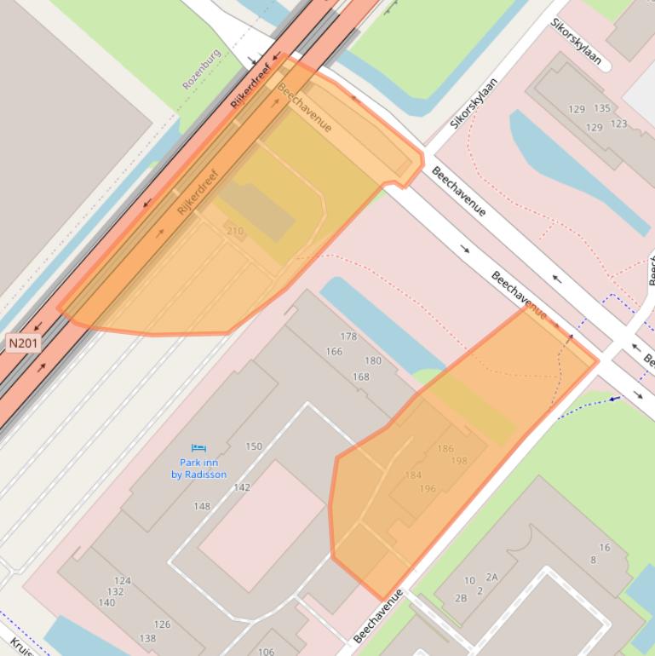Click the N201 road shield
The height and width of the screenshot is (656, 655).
pyautogui.click(x=23, y=342)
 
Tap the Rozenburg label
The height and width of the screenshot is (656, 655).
pyautogui.click(x=202, y=69)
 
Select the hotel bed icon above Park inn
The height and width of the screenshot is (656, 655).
pyautogui.click(x=199, y=447)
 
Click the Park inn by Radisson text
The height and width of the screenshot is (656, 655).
pyautogui.click(x=198, y=469)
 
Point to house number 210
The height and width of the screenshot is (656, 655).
pyautogui.click(x=234, y=231)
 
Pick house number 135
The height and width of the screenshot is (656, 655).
pyautogui.click(x=602, y=108)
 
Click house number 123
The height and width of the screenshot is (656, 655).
pyautogui.click(x=618, y=124)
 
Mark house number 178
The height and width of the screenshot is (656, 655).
pyautogui.click(x=348, y=337)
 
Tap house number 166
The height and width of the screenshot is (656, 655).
pyautogui.click(x=333, y=351)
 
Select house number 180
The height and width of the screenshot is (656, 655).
pyautogui.click(x=373, y=360)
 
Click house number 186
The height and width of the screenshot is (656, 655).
pyautogui.click(x=445, y=448)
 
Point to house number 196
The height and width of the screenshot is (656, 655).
pyautogui.click(x=428, y=488)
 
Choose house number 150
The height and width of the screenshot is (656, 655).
pyautogui.click(x=254, y=446)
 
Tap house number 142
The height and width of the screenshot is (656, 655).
pyautogui.click(x=242, y=487)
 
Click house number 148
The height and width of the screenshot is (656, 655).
pyautogui.click(x=201, y=506)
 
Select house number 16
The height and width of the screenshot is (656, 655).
pyautogui.click(x=605, y=548)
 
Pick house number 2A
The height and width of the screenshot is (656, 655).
pyautogui.click(x=491, y=577)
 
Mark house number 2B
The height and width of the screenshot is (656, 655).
pyautogui.click(x=461, y=597)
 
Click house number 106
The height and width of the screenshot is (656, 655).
pyautogui.click(x=266, y=652)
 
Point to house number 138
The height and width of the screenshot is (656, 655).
pyautogui.click(x=147, y=638)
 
